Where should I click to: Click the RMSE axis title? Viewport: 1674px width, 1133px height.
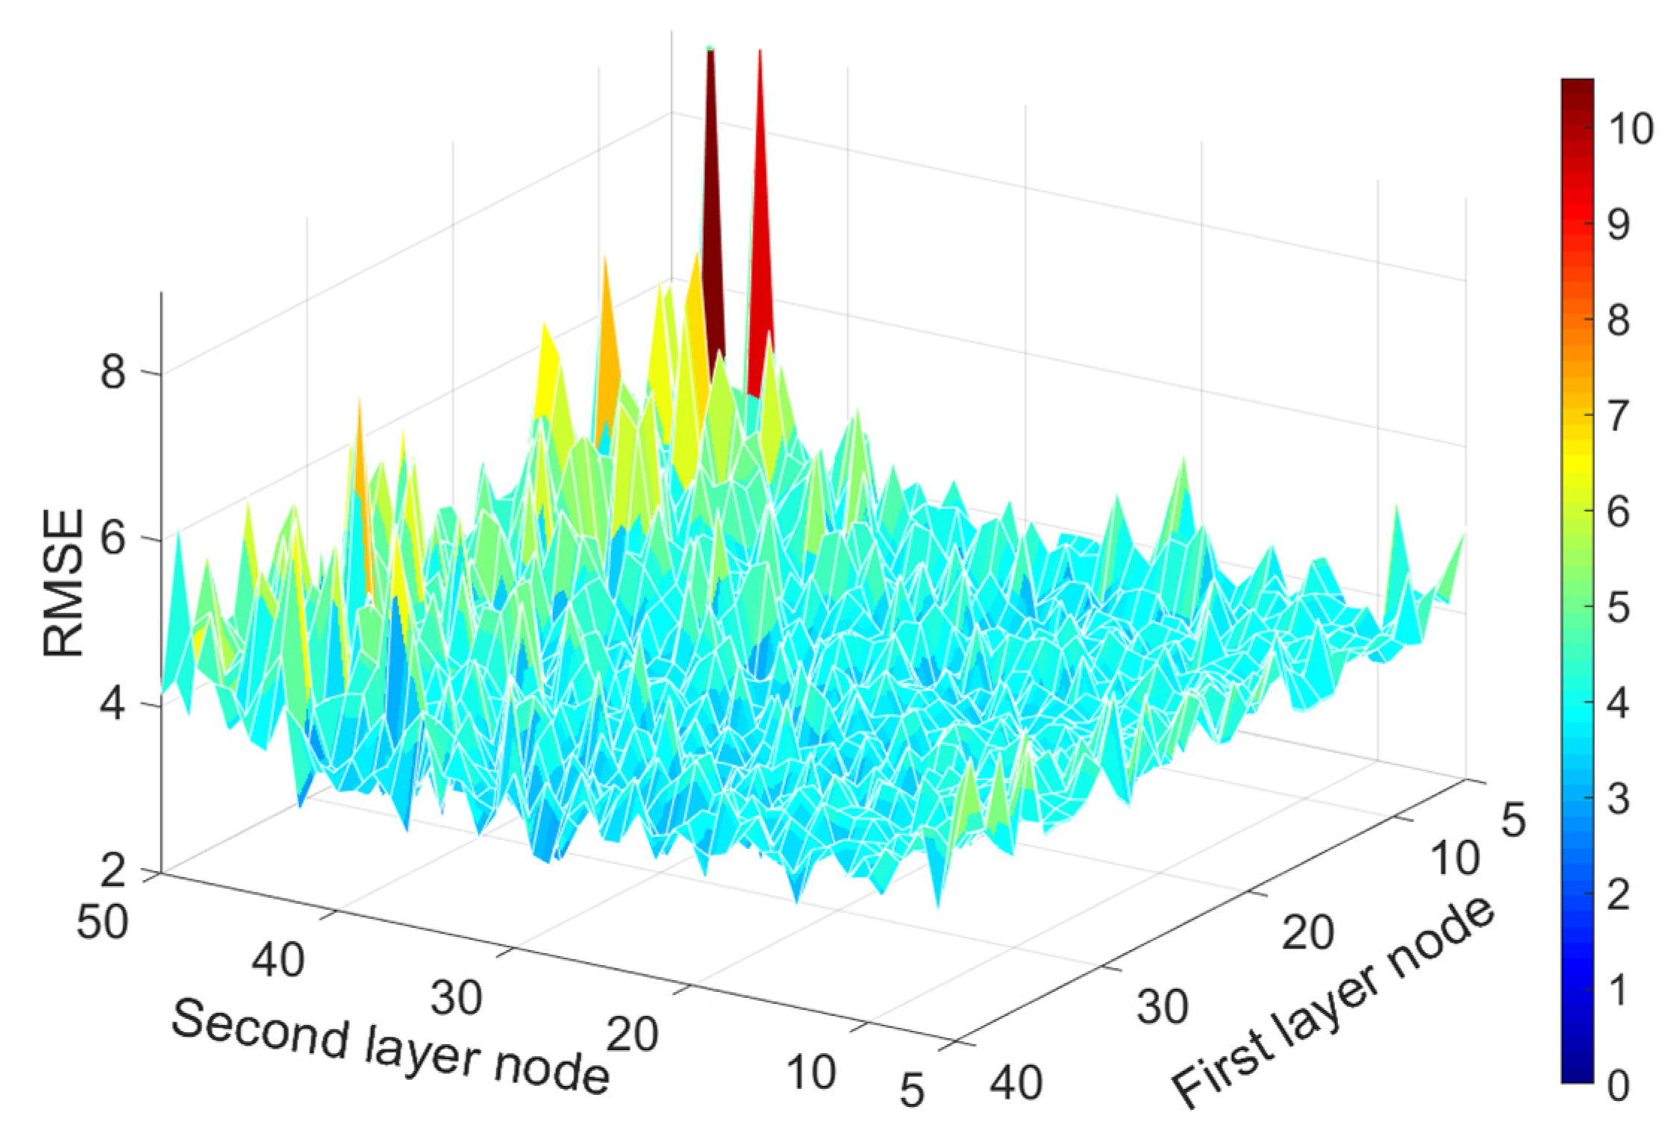(63, 583)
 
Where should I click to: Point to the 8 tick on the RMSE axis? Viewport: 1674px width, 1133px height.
(113, 371)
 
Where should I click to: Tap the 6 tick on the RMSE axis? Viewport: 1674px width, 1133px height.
(113, 538)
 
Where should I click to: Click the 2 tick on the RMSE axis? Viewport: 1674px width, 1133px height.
(113, 869)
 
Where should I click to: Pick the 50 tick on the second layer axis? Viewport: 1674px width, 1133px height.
(102, 923)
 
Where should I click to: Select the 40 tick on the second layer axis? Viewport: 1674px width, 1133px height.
(278, 960)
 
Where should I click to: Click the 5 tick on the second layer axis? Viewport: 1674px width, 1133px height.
(912, 1090)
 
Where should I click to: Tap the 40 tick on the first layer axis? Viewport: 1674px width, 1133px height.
(1016, 1083)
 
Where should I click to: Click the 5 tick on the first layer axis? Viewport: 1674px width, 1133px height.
(1514, 821)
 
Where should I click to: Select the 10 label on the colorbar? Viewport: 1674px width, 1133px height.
(1631, 129)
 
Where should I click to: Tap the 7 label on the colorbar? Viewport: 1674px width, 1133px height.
(1618, 416)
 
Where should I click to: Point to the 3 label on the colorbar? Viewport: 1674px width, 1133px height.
(1618, 800)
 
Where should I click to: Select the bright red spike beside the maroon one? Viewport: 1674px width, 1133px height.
(761, 224)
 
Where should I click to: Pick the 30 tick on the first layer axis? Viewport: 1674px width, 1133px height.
(1162, 1007)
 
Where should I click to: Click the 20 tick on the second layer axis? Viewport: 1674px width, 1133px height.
(632, 1035)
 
